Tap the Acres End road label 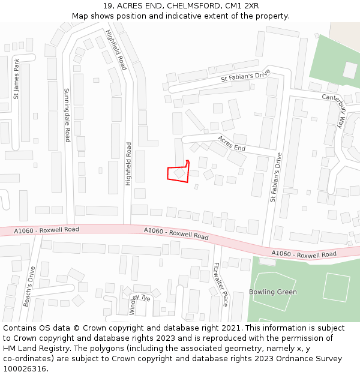(232, 143)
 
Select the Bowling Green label (273, 292)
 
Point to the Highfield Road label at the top (116, 50)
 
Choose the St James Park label (16, 78)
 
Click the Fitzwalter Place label (221, 284)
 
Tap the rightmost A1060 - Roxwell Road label (304, 254)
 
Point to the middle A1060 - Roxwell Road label (176, 233)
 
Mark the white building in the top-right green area (349, 70)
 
